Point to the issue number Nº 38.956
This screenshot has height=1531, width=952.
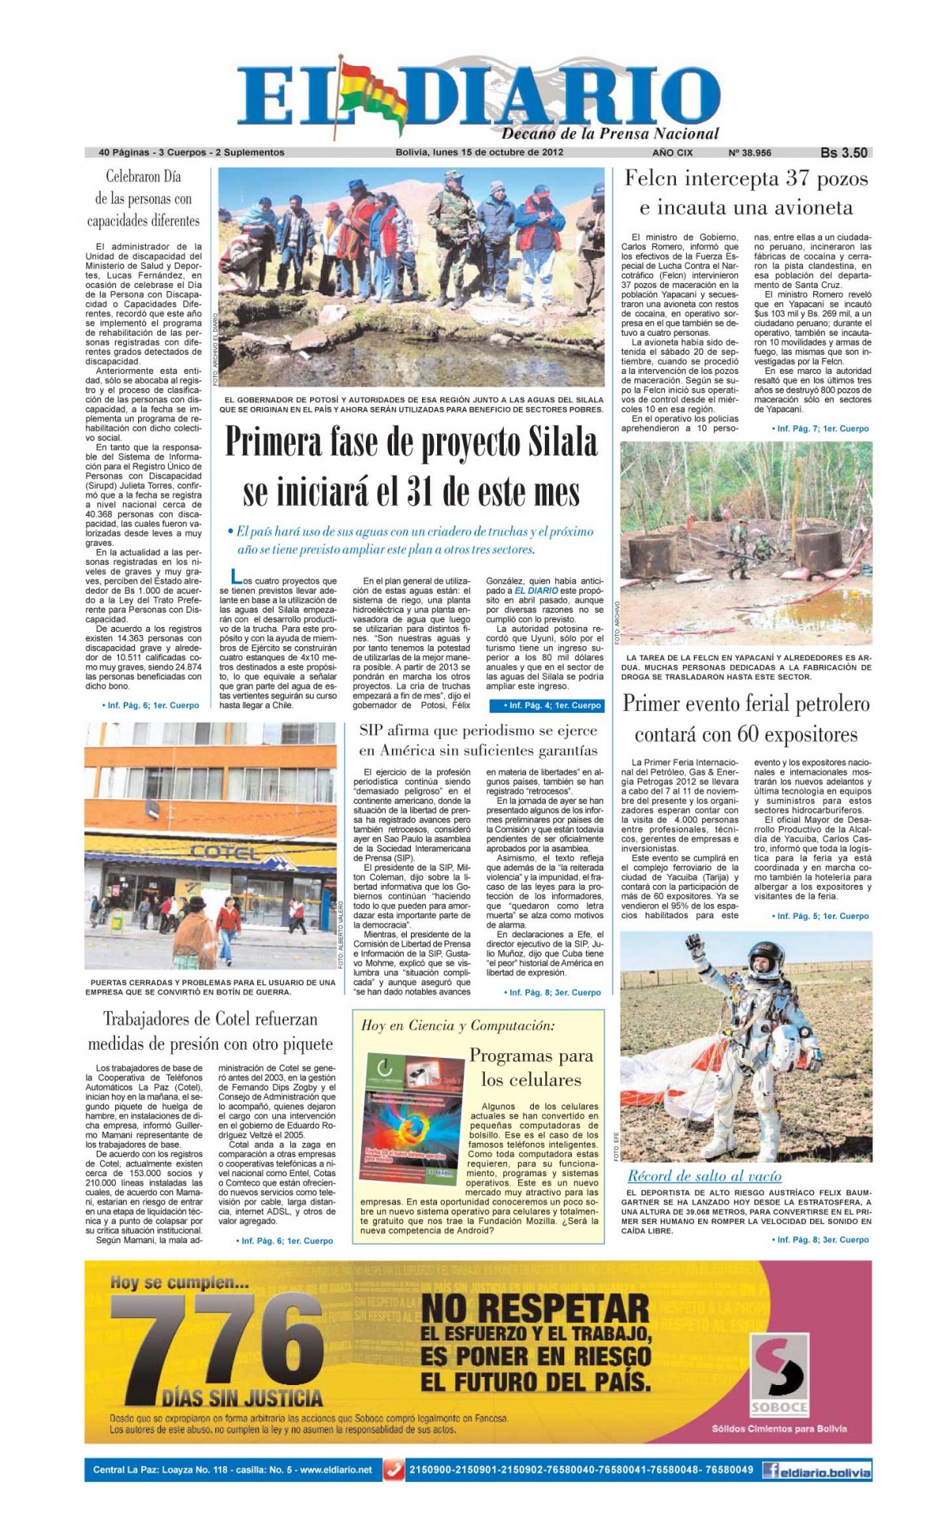(x=749, y=152)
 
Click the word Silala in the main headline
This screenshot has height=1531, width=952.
(x=544, y=442)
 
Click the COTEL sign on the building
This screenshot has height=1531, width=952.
(x=224, y=853)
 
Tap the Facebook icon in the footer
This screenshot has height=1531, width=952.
(x=770, y=1470)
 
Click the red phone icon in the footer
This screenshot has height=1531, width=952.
(x=393, y=1470)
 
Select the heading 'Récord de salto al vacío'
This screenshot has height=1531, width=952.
(x=704, y=1176)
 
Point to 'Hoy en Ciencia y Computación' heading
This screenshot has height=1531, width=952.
(x=457, y=1025)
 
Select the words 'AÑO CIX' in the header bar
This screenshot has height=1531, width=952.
(x=672, y=152)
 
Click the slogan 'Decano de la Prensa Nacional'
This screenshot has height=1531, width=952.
(x=609, y=133)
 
